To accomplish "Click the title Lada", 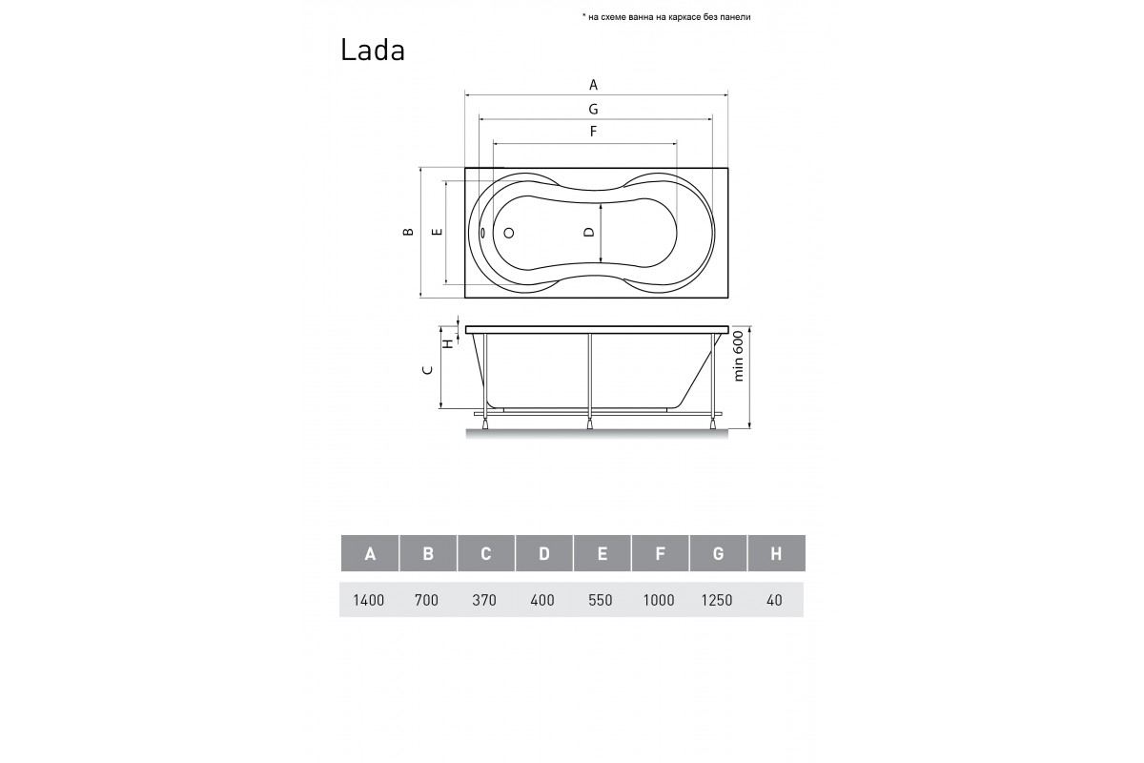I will [373, 51].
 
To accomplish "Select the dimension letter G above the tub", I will [593, 109].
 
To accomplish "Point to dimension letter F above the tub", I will [593, 132].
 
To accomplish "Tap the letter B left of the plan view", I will [408, 232].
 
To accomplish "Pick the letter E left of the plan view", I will [436, 232].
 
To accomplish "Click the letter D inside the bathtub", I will [589, 232].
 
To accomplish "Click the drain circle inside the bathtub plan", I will [508, 232].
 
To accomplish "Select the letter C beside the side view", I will [428, 369].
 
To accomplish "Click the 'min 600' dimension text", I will [739, 362].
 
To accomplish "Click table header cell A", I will [369, 554].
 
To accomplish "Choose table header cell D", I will [543, 554].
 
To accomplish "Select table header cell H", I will [775, 554].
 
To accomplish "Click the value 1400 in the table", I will [369, 601].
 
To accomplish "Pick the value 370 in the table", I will [485, 601].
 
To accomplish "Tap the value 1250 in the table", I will [717, 601].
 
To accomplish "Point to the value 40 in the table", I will [774, 601].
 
